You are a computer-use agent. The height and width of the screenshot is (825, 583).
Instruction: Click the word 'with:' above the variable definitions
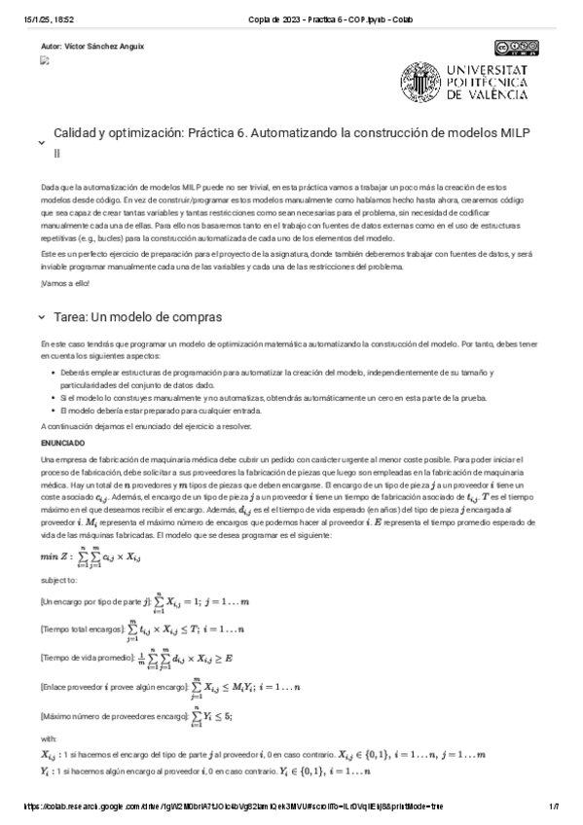pos(50,738)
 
